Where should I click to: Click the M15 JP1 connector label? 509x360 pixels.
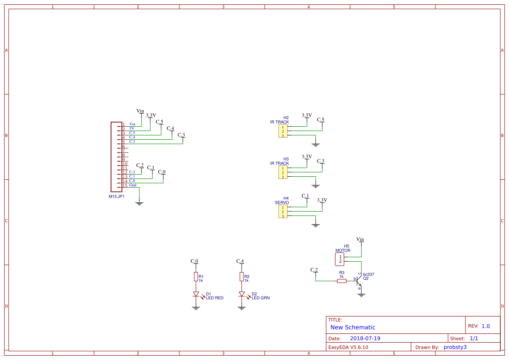tap(117, 196)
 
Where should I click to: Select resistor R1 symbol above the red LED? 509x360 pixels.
tap(196, 277)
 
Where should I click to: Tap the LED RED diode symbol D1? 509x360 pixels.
tap(196, 294)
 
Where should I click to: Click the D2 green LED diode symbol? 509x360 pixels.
tap(242, 294)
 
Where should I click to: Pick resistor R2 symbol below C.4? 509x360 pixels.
tap(242, 277)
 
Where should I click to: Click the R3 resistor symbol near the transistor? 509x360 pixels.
tap(342, 281)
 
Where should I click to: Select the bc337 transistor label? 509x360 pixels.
tap(368, 274)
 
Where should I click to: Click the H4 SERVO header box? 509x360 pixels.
tap(283, 212)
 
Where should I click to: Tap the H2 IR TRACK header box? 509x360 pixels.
tap(283, 131)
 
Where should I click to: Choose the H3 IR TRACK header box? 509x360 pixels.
tap(283, 172)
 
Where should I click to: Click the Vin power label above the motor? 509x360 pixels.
tap(360, 239)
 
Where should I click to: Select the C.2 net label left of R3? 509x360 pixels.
tap(314, 270)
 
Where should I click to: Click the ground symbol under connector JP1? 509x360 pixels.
tap(139, 203)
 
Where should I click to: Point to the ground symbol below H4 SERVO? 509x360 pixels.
tap(316, 225)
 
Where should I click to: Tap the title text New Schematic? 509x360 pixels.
tap(353, 327)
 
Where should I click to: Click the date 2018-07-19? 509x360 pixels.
tap(365, 338)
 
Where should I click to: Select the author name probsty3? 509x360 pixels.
tap(455, 347)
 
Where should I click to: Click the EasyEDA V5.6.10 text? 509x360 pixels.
tap(348, 347)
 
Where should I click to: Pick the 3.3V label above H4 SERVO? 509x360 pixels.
tap(322, 200)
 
